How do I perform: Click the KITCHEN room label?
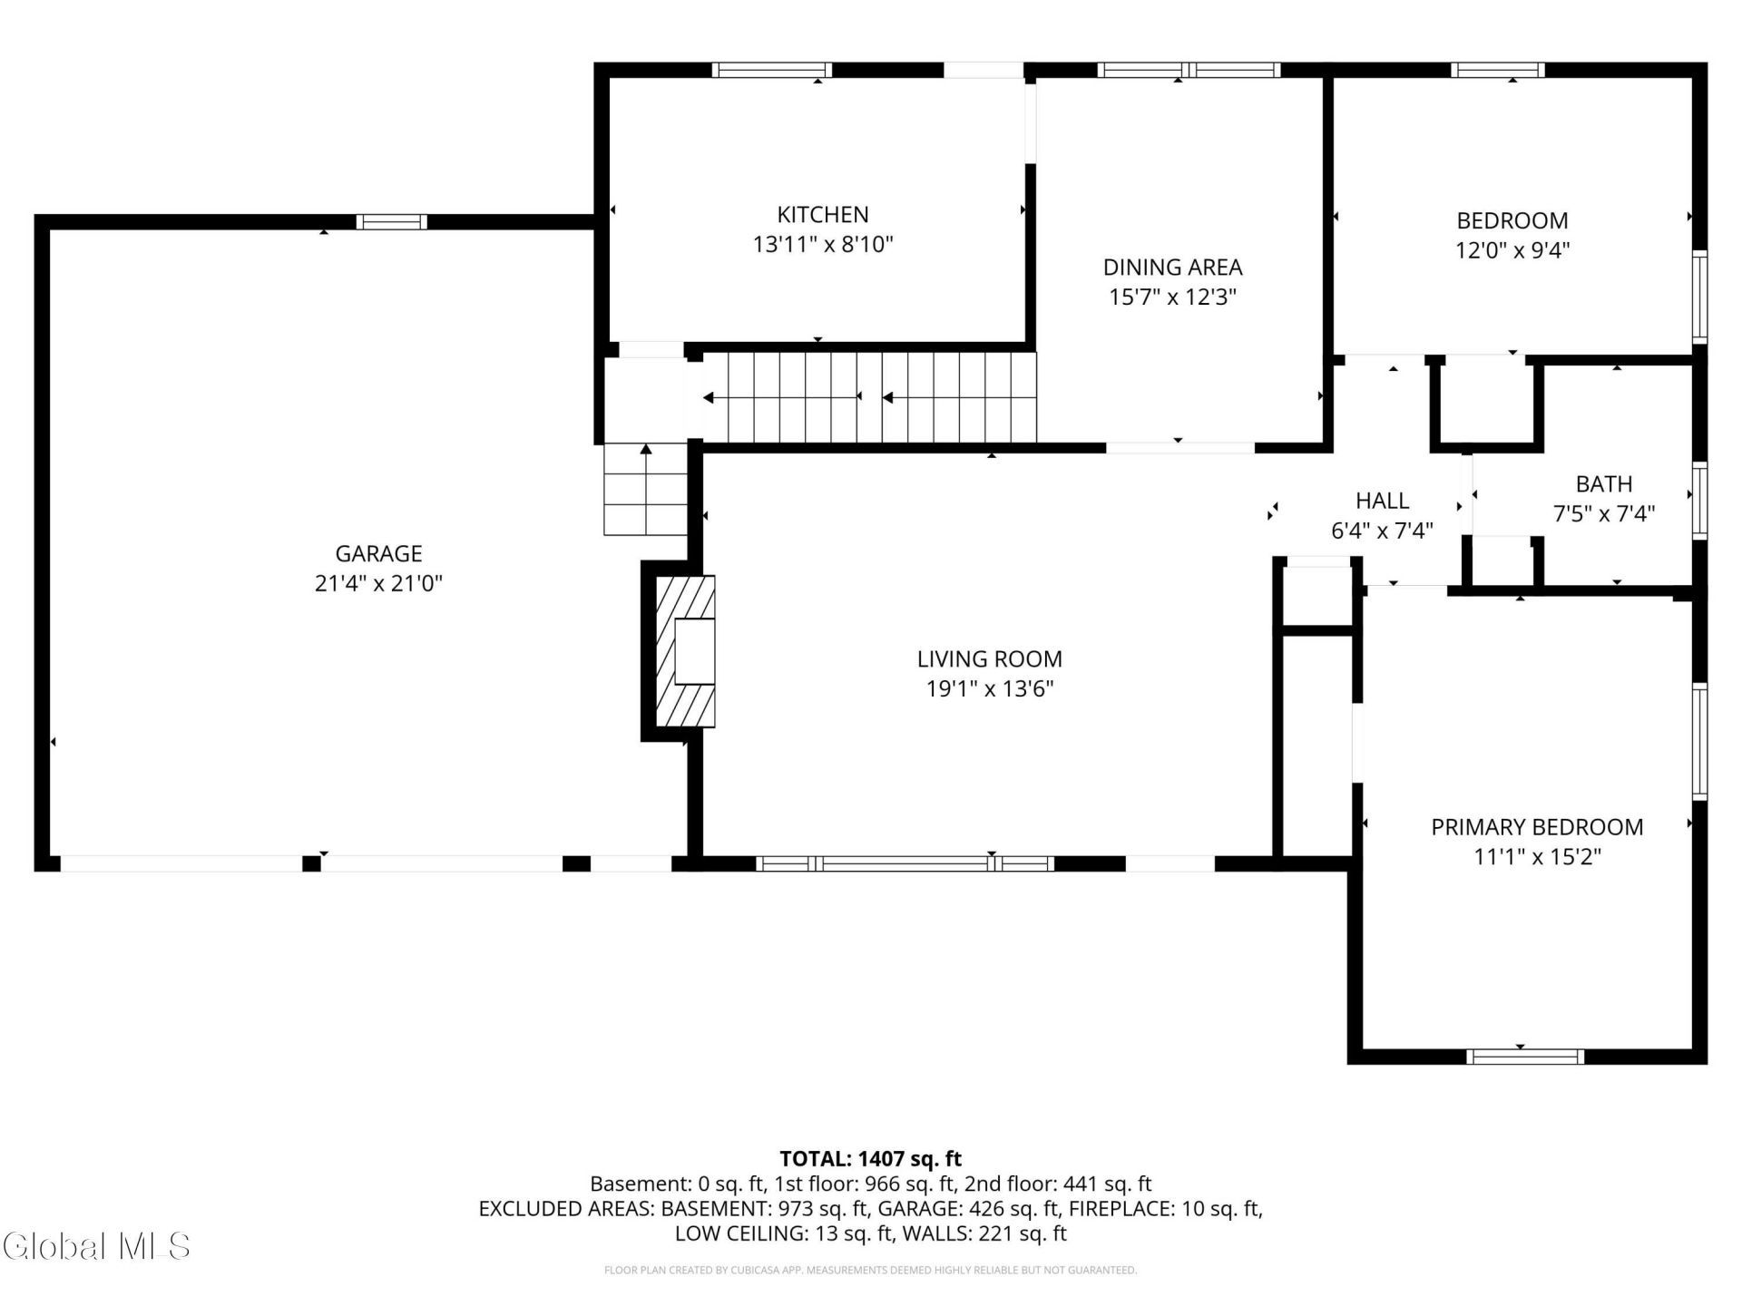tap(823, 215)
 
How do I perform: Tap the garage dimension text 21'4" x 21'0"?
tap(378, 583)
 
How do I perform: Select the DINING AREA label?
tap(1172, 268)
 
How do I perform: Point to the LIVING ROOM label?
tap(989, 659)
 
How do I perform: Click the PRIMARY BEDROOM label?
tap(1537, 827)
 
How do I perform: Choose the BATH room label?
tap(1604, 484)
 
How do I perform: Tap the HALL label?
tap(1382, 501)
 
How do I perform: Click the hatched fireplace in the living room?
tap(685, 651)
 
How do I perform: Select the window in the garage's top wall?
tap(391, 221)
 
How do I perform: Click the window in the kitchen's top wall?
tap(771, 70)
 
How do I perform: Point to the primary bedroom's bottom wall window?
tap(1525, 1057)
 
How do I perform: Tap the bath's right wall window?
tap(1700, 502)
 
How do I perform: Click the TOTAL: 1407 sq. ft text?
tap(870, 1159)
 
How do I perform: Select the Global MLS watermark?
tap(97, 1246)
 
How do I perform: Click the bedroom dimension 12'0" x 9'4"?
tap(1512, 250)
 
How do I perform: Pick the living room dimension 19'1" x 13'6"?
tap(989, 689)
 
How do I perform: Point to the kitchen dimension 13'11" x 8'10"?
tap(823, 245)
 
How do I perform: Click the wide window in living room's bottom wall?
tap(905, 863)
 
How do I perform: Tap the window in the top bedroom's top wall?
tap(1497, 70)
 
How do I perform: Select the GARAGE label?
tap(378, 553)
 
